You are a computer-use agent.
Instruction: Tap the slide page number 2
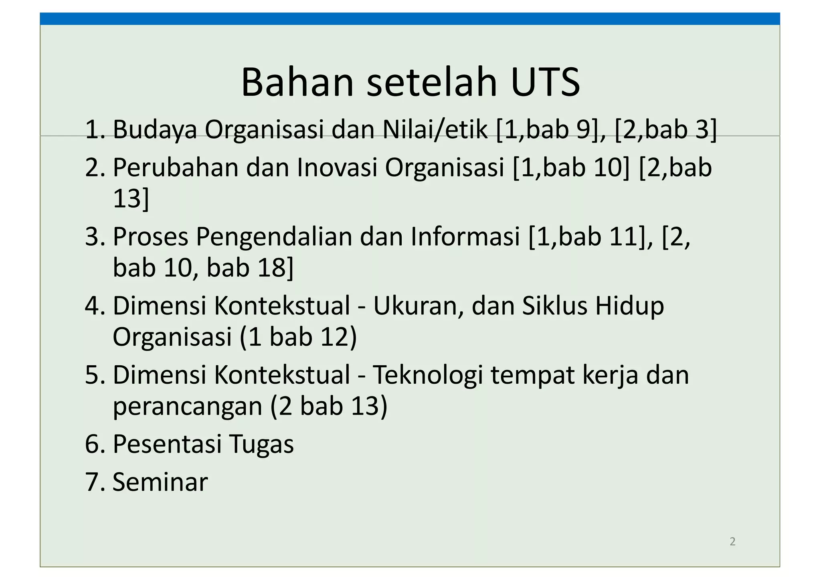click(x=732, y=542)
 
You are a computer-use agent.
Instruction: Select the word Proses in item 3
click(x=150, y=236)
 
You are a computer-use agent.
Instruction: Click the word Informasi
click(x=465, y=236)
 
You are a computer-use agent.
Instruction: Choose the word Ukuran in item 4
click(x=418, y=306)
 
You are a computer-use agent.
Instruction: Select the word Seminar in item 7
click(x=160, y=482)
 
